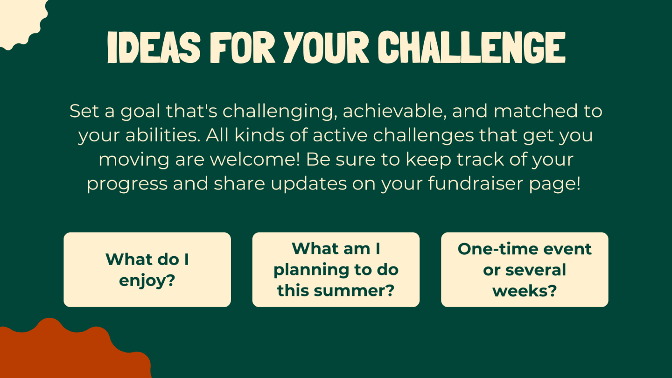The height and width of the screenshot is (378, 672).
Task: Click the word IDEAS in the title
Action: (154, 48)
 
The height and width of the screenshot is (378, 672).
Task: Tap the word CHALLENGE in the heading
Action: (472, 48)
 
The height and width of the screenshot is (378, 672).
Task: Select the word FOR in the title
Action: (242, 48)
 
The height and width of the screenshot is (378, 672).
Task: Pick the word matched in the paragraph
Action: (536, 111)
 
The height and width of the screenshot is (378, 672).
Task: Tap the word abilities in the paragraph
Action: (163, 135)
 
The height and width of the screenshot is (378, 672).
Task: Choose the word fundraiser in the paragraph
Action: (476, 183)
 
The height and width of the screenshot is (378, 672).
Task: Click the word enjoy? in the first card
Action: (147, 281)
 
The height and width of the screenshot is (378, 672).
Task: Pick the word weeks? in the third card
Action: (525, 291)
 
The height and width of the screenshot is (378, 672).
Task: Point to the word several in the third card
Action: (536, 270)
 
